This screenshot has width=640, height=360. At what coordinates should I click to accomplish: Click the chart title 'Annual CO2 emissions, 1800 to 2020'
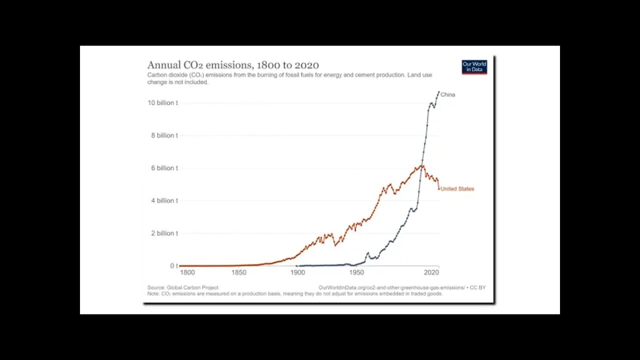[x=233, y=65]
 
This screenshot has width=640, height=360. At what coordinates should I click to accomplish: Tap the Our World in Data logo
[x=474, y=67]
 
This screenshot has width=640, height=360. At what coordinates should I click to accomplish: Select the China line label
[x=447, y=95]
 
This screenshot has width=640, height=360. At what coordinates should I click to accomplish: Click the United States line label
[x=457, y=189]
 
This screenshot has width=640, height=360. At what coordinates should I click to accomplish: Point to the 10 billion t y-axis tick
[x=162, y=103]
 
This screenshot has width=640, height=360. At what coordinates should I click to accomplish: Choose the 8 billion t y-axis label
[x=164, y=135]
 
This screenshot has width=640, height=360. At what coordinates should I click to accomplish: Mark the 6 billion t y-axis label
[x=164, y=168]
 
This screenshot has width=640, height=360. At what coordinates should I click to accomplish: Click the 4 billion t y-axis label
[x=164, y=200]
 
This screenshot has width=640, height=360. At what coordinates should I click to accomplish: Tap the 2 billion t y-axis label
[x=164, y=233]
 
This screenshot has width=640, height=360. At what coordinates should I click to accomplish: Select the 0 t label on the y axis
[x=173, y=266]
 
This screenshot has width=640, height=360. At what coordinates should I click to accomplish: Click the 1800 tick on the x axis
[x=187, y=273]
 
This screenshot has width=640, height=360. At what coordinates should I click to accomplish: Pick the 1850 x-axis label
[x=239, y=273]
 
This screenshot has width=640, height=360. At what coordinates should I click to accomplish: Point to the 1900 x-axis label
[x=297, y=273]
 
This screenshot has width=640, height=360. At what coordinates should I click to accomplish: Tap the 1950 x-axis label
[x=356, y=273]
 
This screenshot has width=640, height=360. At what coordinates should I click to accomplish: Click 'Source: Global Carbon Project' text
[x=182, y=287]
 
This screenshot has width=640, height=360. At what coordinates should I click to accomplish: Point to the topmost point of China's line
[x=438, y=92]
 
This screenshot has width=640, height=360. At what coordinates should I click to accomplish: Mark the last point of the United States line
[x=439, y=189]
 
